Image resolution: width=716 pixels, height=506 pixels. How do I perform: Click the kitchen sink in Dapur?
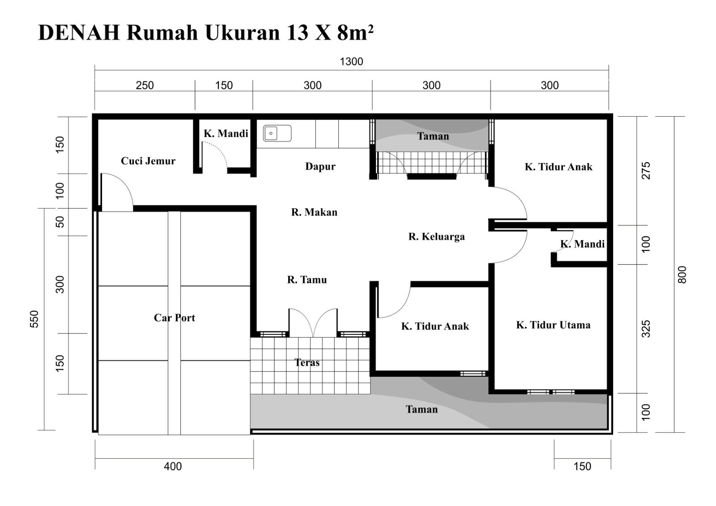(x=277, y=133)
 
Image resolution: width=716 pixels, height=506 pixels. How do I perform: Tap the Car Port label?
(x=175, y=318)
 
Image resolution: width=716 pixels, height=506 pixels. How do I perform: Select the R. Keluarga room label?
(x=437, y=236)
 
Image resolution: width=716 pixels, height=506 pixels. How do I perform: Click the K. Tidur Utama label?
(x=553, y=325)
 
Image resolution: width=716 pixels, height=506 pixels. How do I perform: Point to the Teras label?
(x=307, y=363)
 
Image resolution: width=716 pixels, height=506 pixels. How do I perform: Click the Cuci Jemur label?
(x=148, y=161)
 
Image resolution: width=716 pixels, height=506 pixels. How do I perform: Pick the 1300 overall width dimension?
(x=351, y=61)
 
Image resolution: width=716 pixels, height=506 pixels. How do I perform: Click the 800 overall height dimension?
(x=682, y=274)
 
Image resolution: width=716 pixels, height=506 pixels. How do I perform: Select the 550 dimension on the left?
(x=34, y=319)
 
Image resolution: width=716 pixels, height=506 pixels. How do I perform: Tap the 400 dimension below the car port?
(x=173, y=466)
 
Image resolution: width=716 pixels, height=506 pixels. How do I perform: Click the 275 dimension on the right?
(x=646, y=171)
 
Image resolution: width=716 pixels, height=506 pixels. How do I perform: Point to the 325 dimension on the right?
(x=646, y=329)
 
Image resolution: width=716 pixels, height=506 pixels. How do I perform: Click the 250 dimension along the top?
(x=145, y=85)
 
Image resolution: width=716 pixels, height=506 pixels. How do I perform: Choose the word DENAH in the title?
(x=79, y=33)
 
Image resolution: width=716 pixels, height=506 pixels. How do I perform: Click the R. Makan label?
(x=314, y=212)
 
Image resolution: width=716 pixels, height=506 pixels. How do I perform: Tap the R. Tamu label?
(x=307, y=280)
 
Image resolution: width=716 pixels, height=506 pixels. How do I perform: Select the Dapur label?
(x=320, y=166)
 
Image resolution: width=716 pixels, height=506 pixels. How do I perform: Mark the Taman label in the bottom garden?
(x=422, y=409)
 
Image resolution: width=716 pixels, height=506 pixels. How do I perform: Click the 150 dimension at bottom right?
(x=582, y=466)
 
